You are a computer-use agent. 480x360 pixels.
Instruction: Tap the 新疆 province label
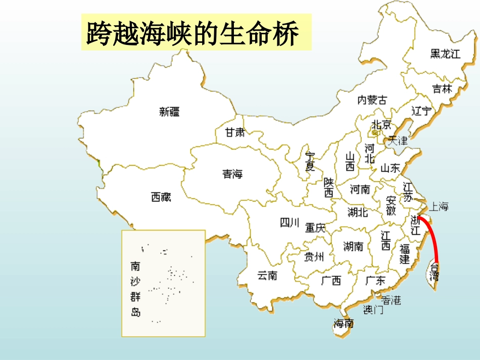point(169,112)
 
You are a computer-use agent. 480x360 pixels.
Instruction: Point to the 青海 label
point(232,174)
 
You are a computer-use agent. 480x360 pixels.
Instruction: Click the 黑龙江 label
point(445,54)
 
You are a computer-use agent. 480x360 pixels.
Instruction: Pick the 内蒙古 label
point(372,100)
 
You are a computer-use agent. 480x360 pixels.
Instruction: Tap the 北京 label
point(381,124)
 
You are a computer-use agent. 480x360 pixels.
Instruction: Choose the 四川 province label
point(290,222)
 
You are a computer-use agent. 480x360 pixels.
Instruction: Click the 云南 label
point(267,276)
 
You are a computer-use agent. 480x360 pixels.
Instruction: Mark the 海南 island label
point(344,324)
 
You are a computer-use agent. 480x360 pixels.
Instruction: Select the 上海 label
point(438,207)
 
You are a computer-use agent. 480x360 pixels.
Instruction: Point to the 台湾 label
point(434,272)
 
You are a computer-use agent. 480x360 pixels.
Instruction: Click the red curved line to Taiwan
point(433,237)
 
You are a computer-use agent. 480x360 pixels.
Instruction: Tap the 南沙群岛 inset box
point(163,283)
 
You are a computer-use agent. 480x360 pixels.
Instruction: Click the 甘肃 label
point(234,133)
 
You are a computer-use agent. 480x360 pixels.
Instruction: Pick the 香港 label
point(391,300)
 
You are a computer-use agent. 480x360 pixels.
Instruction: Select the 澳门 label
point(373,310)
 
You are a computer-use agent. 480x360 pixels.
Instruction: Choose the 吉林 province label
point(442,89)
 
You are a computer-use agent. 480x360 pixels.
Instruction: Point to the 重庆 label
point(315,228)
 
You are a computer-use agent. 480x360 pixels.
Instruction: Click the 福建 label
point(405,254)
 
